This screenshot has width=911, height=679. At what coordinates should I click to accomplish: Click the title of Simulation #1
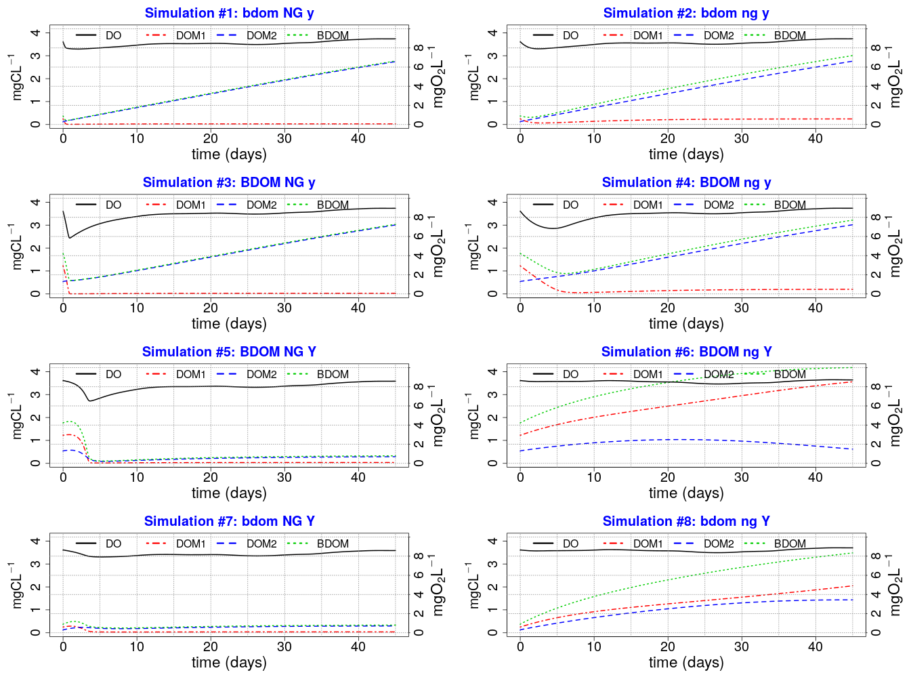coord(229,13)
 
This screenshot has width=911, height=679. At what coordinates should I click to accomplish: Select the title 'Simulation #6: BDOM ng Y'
coord(686,352)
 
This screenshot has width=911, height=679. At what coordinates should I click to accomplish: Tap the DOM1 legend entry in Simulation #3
coord(190,205)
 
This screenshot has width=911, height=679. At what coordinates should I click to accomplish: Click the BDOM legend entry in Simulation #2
coord(790,35)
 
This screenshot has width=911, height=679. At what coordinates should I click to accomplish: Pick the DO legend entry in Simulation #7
coord(113,543)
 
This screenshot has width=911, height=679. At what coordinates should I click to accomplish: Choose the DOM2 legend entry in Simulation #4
coord(718,205)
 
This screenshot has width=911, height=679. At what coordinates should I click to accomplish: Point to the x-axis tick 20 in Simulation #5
coord(211,477)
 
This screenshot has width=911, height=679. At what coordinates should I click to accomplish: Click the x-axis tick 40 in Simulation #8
coord(815,646)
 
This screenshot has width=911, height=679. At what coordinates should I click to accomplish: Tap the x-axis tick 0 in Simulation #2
coord(520,138)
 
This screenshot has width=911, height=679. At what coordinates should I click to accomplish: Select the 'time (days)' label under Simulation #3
coord(229,324)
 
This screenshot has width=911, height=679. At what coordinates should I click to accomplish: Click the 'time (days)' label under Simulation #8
coord(686,663)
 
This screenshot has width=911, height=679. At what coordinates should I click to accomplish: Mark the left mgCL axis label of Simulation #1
coord(17,78)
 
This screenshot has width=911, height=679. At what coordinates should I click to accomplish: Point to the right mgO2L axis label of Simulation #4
coord(895,247)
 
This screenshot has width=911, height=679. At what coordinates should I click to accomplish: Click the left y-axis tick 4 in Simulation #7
coord(35,541)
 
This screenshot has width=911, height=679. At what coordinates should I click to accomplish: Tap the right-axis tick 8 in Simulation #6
coord(876,387)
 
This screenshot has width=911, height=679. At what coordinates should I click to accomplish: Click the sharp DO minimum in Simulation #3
coord(69,238)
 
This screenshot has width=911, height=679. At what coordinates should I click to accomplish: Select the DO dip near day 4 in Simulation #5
coord(90,401)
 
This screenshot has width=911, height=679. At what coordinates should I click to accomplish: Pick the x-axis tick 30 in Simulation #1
coord(284,138)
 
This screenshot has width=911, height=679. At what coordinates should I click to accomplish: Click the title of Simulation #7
coord(229,521)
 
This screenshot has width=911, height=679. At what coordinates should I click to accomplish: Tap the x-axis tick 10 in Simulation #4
coord(594,308)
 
